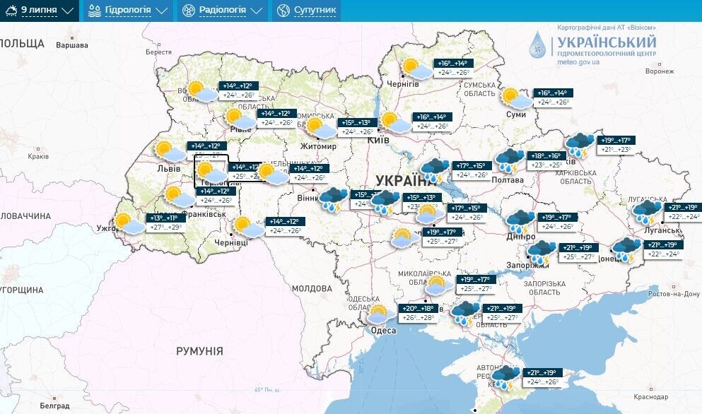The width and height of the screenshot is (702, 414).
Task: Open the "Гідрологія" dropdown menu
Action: (128, 11)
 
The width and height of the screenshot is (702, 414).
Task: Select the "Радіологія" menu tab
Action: (221, 11)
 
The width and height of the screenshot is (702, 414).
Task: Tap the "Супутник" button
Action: (308, 11)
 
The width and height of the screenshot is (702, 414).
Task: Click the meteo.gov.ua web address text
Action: (578, 62)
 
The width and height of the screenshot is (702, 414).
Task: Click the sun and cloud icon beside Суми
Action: (515, 98)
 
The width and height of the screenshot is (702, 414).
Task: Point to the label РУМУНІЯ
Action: (199, 351)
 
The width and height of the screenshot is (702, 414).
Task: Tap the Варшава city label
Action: (71, 45)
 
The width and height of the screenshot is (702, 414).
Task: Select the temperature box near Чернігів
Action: (453, 68)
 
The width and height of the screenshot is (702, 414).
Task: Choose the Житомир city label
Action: (318, 146)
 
